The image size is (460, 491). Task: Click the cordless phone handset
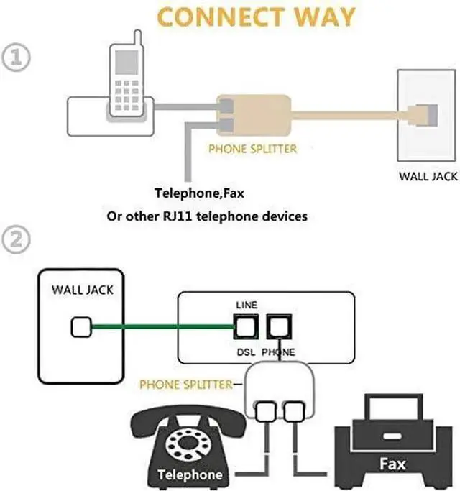pos(127,79)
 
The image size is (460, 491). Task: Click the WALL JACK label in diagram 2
pos(82,291)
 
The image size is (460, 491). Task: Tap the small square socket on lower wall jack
pos(81,328)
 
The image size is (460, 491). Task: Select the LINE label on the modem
pos(246,306)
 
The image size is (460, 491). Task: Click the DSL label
pos(246,352)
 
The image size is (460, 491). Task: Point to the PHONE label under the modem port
pos(277,352)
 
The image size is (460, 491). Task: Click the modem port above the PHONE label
pos(277,327)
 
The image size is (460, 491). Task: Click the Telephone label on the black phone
pos(190,475)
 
